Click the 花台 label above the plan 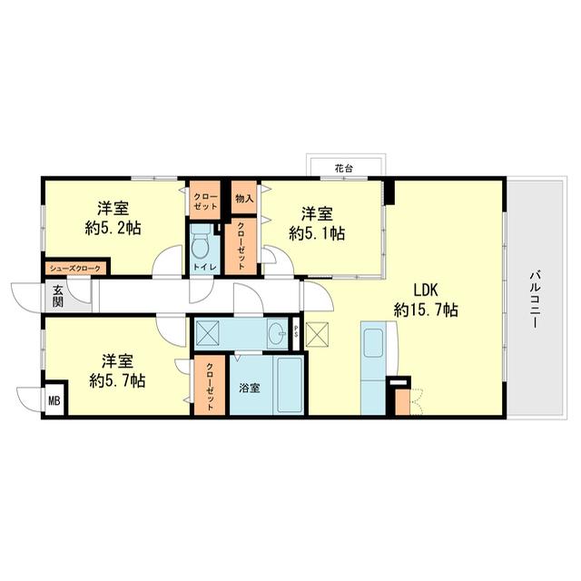pyautogui.click(x=343, y=169)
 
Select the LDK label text pyautogui.click(x=426, y=290)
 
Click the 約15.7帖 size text pyautogui.click(x=426, y=310)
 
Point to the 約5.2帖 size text pyautogui.click(x=113, y=228)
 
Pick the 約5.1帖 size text pyautogui.click(x=317, y=233)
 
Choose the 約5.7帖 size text pyautogui.click(x=117, y=380)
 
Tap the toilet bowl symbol pyautogui.click(x=202, y=242)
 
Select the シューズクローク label pyautogui.click(x=75, y=269)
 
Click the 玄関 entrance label pyautogui.click(x=57, y=297)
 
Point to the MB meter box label pyautogui.click(x=54, y=400)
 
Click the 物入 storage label pyautogui.click(x=244, y=199)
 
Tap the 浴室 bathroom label pyautogui.click(x=250, y=389)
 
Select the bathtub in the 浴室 pyautogui.click(x=290, y=385)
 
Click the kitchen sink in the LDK pyautogui.click(x=373, y=342)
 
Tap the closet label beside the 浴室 pyautogui.click(x=210, y=387)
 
